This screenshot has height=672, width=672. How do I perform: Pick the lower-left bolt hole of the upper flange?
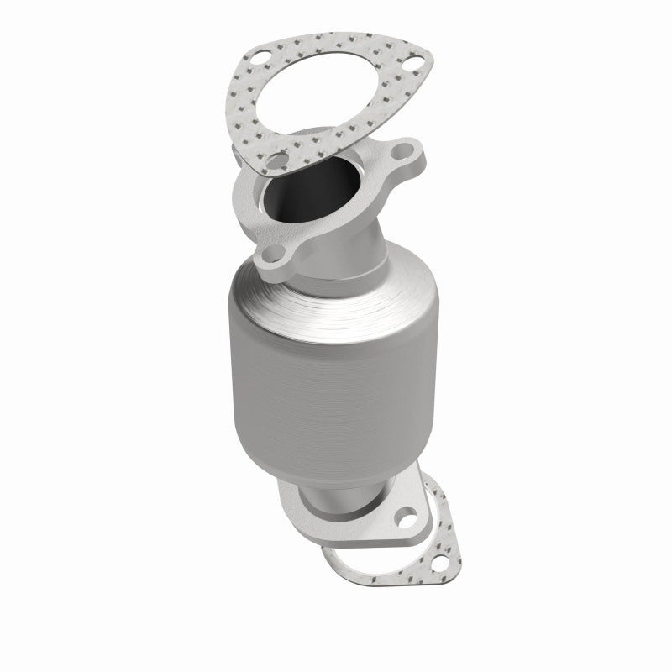click(275, 256)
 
